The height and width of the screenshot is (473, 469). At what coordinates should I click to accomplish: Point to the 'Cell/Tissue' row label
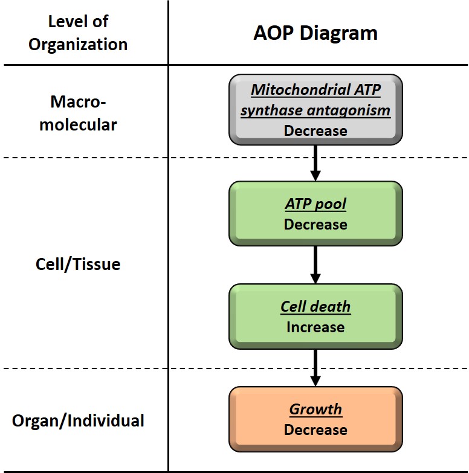pyautogui.click(x=78, y=264)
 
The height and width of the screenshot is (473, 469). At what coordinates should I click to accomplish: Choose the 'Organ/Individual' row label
pyautogui.click(x=78, y=420)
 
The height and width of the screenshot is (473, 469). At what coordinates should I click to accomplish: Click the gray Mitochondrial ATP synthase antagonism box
pyautogui.click(x=315, y=109)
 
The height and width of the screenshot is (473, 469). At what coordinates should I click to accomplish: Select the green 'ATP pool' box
pyautogui.click(x=315, y=213)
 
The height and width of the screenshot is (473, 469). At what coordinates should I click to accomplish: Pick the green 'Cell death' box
pyautogui.click(x=315, y=316)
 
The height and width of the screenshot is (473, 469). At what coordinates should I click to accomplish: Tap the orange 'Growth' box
pyautogui.click(x=315, y=419)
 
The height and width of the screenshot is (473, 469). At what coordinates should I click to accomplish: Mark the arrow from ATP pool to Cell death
pyautogui.click(x=315, y=265)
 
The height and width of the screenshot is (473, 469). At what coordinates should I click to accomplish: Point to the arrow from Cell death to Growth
pyautogui.click(x=315, y=368)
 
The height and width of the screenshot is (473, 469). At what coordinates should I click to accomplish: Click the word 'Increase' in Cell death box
pyautogui.click(x=315, y=327)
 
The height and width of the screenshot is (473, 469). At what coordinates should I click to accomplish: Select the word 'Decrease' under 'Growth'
pyautogui.click(x=315, y=430)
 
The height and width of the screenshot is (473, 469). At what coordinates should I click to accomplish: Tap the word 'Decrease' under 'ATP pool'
pyautogui.click(x=315, y=225)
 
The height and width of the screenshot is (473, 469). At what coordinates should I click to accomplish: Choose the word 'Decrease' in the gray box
pyautogui.click(x=315, y=130)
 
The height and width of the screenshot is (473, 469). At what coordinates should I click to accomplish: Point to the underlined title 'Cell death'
pyautogui.click(x=315, y=306)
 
